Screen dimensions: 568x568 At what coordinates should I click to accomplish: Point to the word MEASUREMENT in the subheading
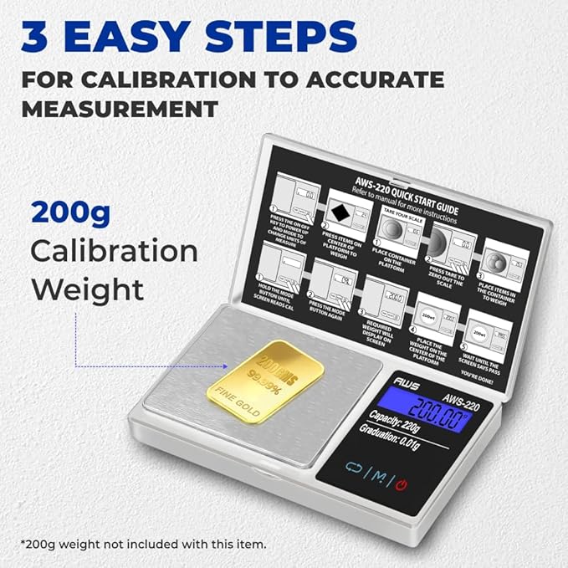pos(120,109)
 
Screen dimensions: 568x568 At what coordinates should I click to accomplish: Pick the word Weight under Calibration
pos(87,290)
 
